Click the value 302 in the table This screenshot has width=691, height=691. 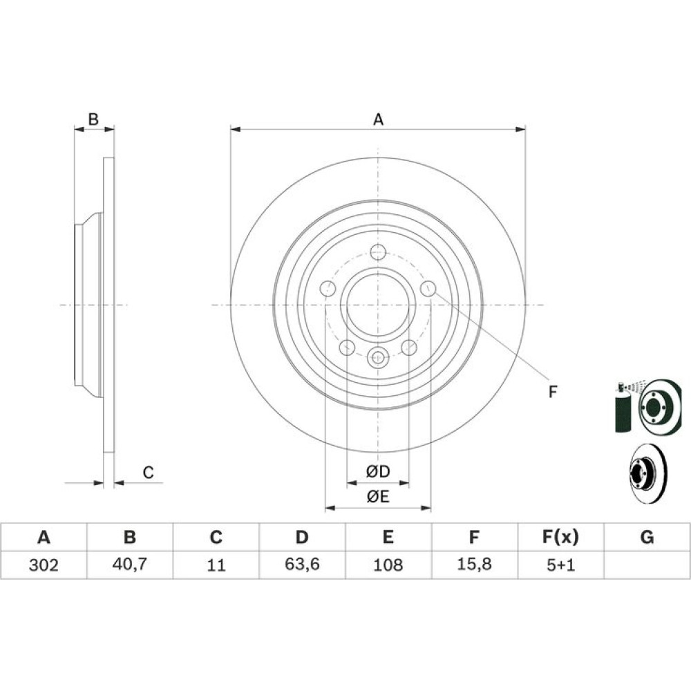(x=43, y=565)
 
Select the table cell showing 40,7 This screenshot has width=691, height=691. (x=130, y=564)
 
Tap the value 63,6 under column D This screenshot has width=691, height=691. (x=302, y=564)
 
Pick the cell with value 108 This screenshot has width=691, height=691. (x=388, y=565)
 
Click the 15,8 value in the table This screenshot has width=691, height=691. (x=474, y=564)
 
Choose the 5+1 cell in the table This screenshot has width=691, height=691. (x=560, y=565)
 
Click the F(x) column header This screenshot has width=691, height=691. (x=560, y=537)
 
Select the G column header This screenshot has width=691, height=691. (x=647, y=537)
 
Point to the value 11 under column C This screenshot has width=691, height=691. (x=216, y=565)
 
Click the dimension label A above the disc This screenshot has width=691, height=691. (x=378, y=119)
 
